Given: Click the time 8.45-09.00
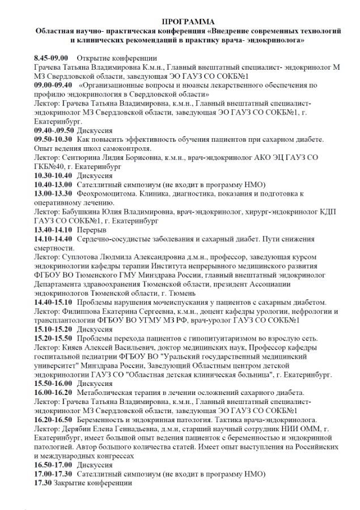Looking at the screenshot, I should click(51, 58).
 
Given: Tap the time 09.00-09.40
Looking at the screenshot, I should click(53, 84).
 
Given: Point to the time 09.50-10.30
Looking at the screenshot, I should click(53, 139).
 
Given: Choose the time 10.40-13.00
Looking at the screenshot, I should click(53, 184).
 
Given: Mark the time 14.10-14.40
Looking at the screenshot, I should click(53, 239).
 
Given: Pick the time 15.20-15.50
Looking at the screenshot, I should click(53, 338).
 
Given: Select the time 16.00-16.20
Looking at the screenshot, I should click(53, 393).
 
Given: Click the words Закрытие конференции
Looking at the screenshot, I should click(93, 483).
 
